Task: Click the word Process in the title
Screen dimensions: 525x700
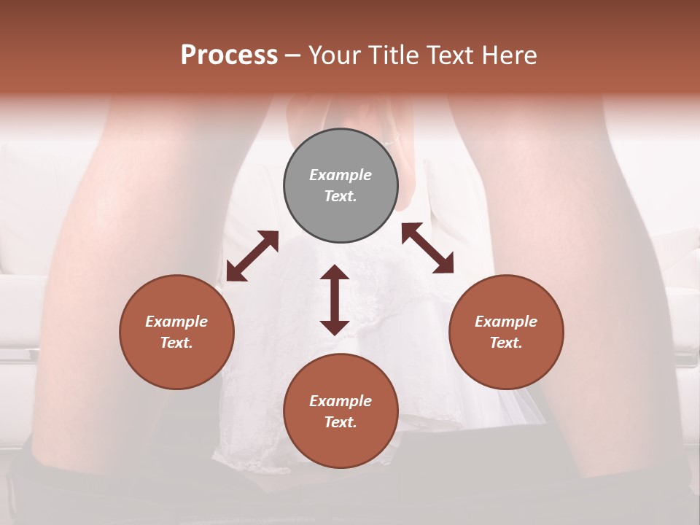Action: [229, 55]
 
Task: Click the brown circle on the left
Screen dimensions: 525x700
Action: [176, 332]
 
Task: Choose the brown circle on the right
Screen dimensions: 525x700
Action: [506, 332]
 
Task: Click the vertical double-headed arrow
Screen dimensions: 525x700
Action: [335, 300]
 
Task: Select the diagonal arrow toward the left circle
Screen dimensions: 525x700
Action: [252, 256]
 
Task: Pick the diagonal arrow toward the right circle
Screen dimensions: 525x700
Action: [427, 248]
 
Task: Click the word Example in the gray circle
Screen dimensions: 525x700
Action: [341, 175]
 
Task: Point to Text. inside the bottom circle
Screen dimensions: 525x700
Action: [341, 422]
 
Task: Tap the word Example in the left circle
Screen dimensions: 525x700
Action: [176, 322]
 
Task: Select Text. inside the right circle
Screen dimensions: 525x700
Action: [506, 343]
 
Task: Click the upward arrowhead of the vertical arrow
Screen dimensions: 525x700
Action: [335, 273]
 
